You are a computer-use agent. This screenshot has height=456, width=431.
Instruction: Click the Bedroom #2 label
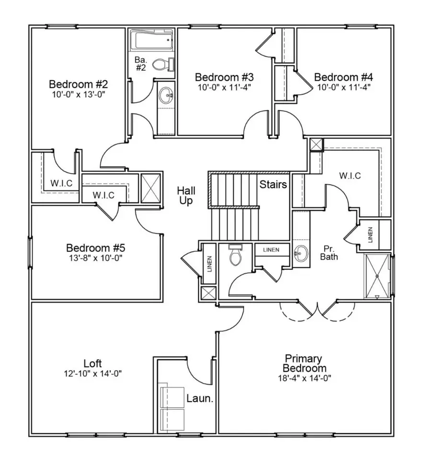coord(79,84)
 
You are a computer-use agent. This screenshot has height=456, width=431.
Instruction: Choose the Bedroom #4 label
coord(343,77)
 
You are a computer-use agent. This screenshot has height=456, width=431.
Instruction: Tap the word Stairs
coord(273,184)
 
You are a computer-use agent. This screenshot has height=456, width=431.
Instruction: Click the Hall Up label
coord(186,196)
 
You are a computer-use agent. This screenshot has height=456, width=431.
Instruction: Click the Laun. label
coord(200,398)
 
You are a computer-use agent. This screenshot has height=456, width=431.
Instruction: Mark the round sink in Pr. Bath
coord(300,251)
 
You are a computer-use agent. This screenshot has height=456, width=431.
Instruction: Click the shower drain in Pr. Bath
coord(378,276)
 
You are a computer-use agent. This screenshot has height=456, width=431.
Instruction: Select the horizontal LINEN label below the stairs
coord(272,249)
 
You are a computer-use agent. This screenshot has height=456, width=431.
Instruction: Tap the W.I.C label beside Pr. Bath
coord(350,176)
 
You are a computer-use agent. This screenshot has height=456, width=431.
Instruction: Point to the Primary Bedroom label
coord(304,363)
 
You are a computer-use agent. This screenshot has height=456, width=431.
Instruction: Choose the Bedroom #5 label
coord(95,248)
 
